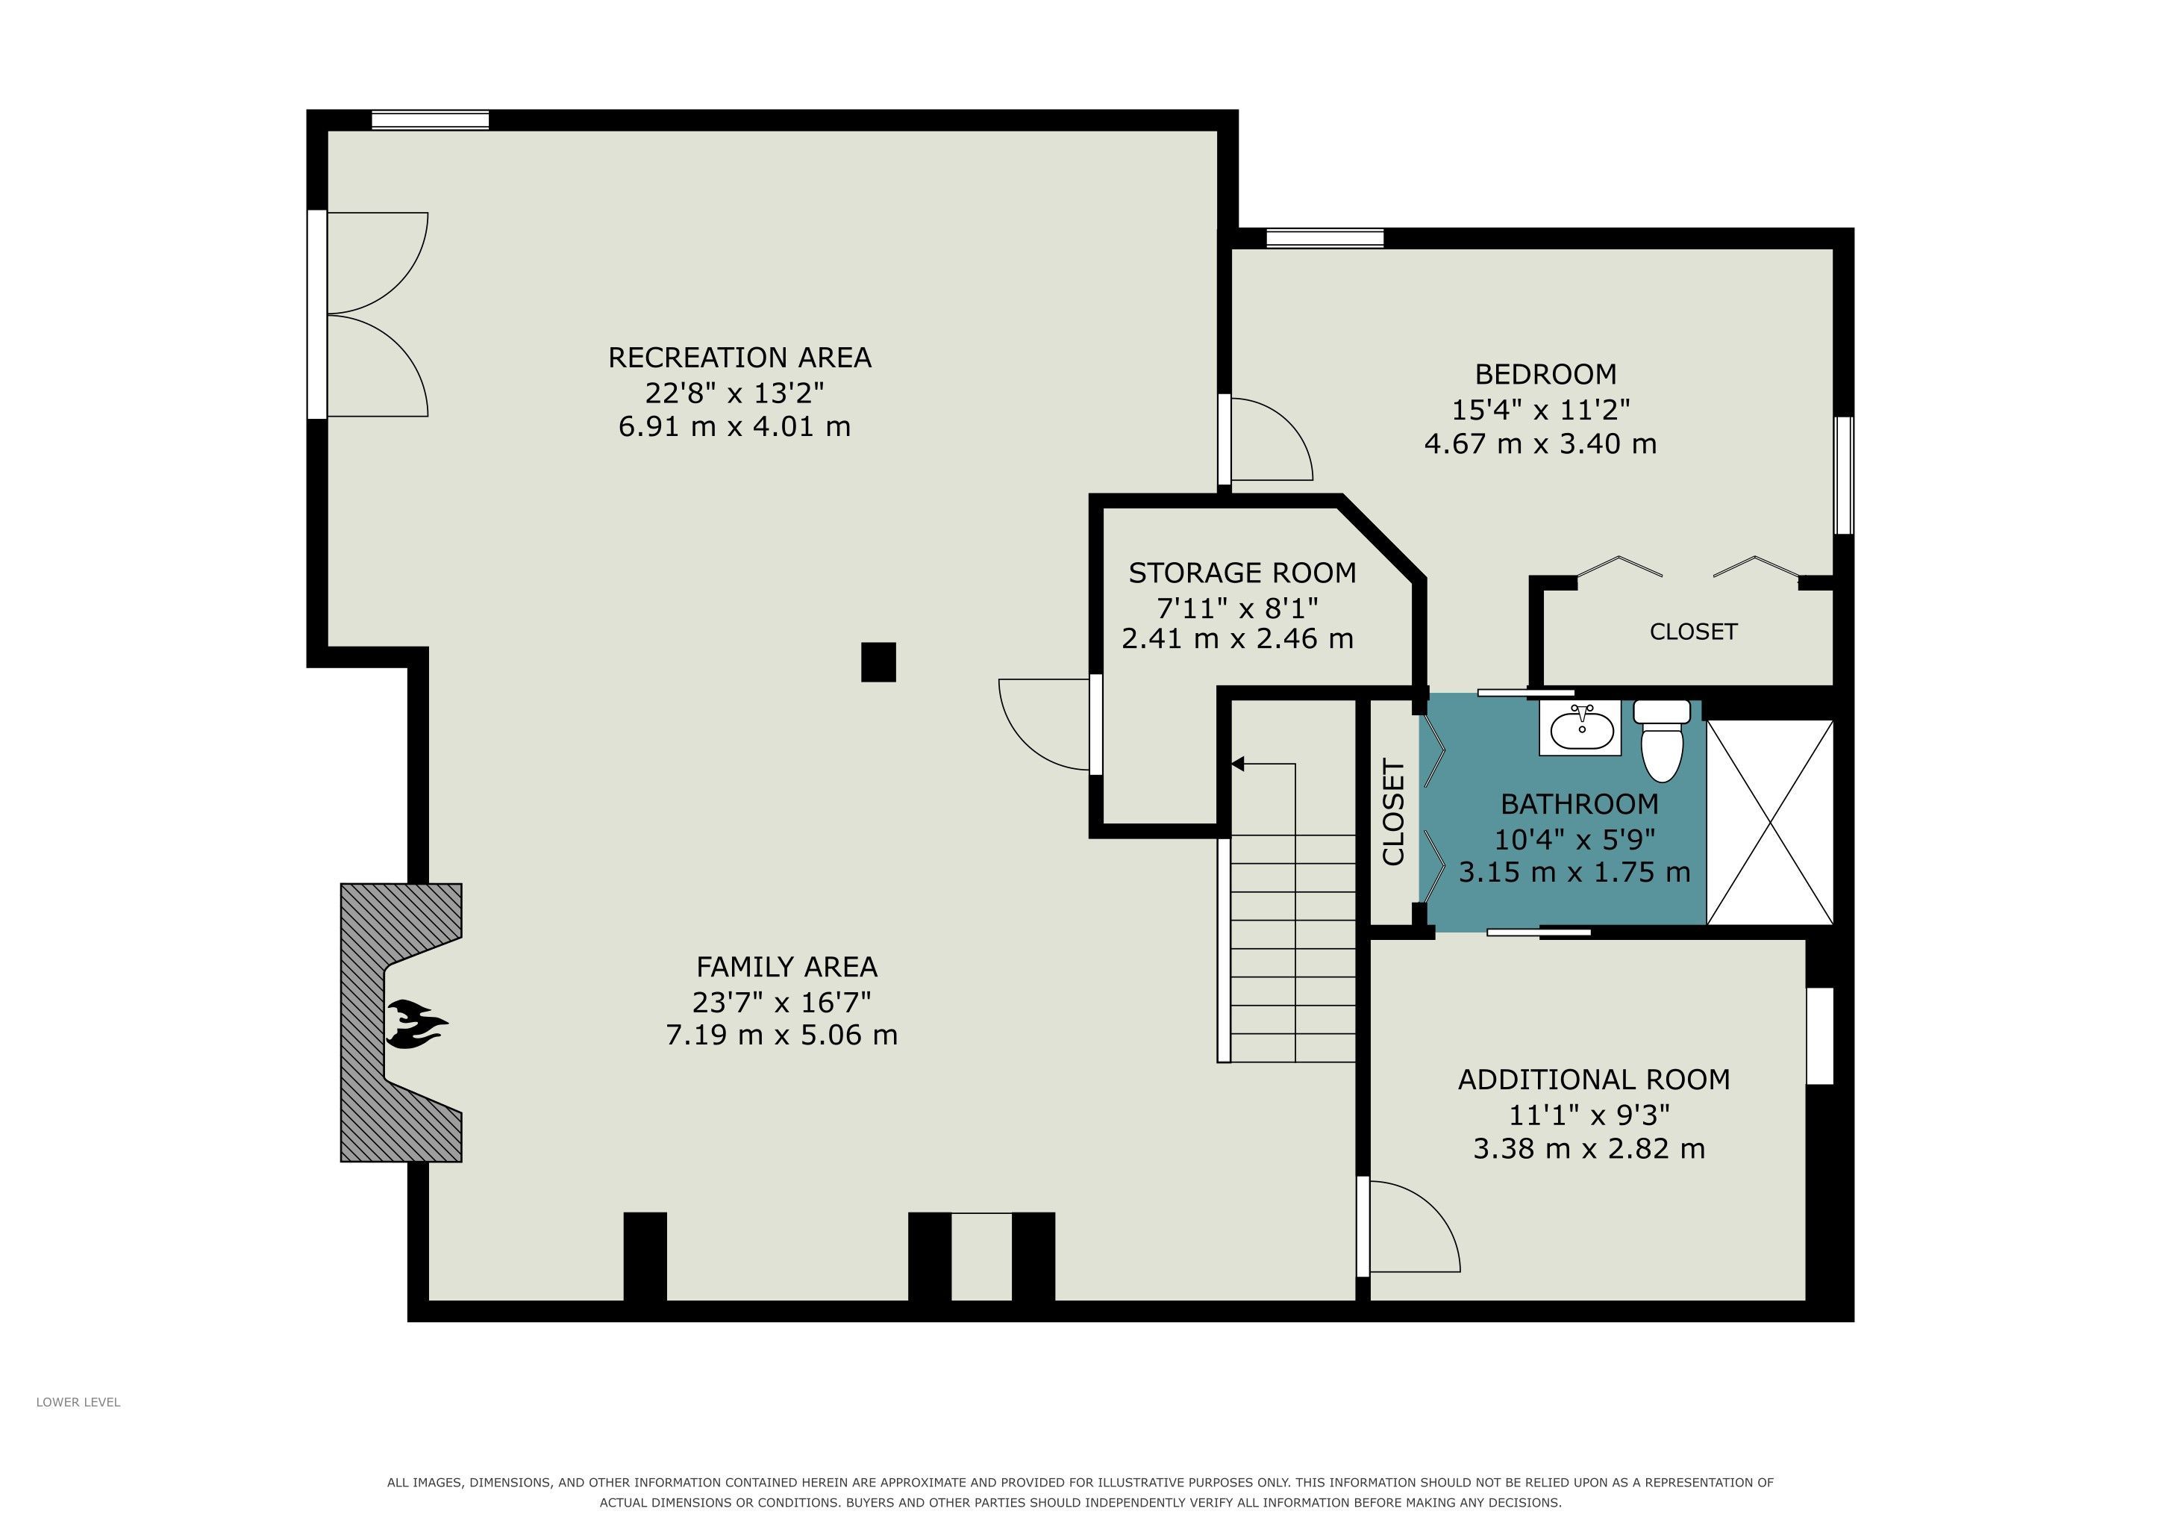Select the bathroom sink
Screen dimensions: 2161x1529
click(x=1581, y=728)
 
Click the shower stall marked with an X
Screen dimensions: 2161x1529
click(x=1769, y=822)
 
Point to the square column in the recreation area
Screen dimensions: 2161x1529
click(x=878, y=662)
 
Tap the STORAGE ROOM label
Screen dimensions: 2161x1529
click(x=1242, y=573)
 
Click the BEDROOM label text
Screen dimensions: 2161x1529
click(x=1545, y=374)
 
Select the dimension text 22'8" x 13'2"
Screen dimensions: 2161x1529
click(x=735, y=392)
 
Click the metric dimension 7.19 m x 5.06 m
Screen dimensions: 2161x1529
click(x=781, y=1036)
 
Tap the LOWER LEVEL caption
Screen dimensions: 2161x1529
click(x=78, y=1402)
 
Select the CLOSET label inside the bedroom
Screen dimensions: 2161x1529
click(x=1693, y=632)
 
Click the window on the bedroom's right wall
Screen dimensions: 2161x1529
click(x=1844, y=476)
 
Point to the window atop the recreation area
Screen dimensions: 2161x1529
click(x=430, y=119)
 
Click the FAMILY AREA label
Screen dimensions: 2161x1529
click(x=786, y=967)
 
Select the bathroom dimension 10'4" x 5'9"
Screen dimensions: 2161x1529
click(x=1574, y=838)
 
